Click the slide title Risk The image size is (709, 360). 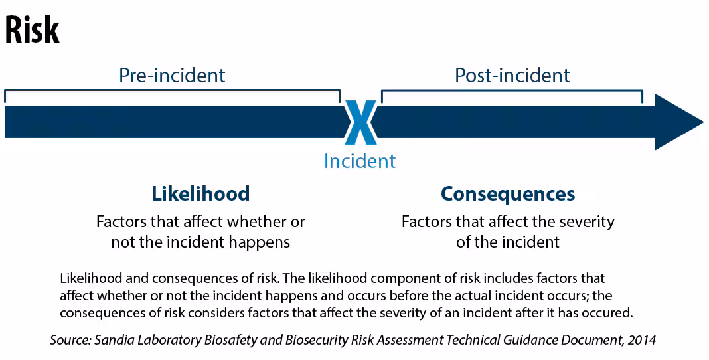[32, 29]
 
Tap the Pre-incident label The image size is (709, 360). [172, 76]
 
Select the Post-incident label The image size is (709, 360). [512, 76]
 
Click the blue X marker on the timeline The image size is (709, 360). [360, 122]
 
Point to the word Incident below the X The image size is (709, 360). [360, 161]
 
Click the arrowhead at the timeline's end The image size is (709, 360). [678, 122]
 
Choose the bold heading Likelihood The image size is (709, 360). [200, 193]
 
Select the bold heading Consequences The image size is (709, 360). [508, 194]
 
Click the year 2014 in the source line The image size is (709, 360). [642, 340]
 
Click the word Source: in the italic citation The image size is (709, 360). [70, 340]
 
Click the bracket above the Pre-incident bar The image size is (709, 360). [173, 90]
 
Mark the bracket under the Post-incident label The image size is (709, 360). [512, 90]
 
